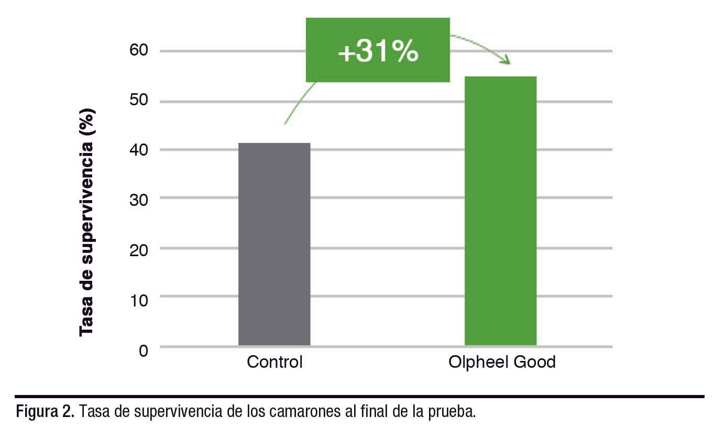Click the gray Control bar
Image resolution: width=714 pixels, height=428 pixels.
pos(274,244)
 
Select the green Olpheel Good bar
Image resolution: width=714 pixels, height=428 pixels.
pos(500,211)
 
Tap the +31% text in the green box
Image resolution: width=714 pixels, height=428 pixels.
pos(378,52)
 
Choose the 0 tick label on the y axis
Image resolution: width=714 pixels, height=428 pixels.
pos(143,349)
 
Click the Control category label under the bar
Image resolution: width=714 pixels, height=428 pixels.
pos(274,362)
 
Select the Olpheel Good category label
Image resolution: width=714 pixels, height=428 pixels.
pos(502,362)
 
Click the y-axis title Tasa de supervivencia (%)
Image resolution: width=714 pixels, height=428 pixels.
pos(87,222)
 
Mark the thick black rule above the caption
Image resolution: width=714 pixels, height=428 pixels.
pos(359,397)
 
